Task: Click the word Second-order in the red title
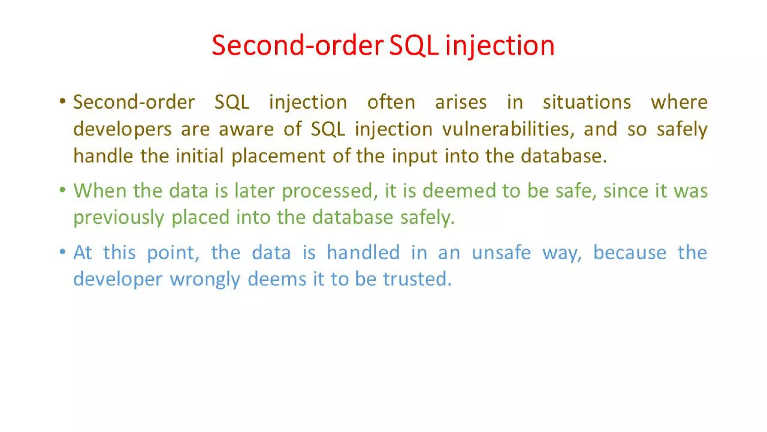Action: coord(298,45)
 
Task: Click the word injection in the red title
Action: coord(500,45)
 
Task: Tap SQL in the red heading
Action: coord(414,45)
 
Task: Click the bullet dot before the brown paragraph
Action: coord(63,101)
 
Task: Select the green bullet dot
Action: coord(63,190)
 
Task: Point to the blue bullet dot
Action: coord(63,251)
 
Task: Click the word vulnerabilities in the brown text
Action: coord(508,129)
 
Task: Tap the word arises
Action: coord(461,102)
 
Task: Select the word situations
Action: coord(587,102)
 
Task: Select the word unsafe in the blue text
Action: coord(501,252)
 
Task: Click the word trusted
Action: coord(417,279)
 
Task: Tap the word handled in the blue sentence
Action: coord(363,252)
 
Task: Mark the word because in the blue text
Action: coord(630,252)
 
